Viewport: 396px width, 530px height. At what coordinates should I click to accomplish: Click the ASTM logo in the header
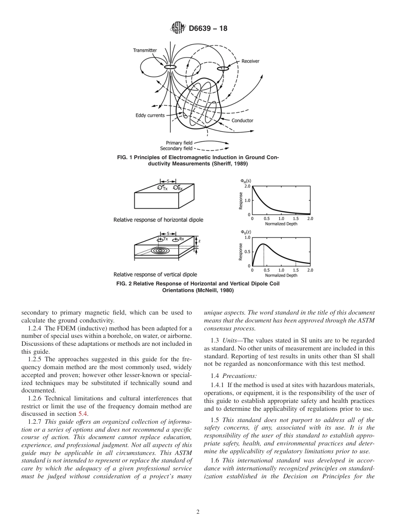pos(178,29)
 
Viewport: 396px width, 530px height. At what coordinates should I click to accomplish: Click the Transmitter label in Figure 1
pos(145,50)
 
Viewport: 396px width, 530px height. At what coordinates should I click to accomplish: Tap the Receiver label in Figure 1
pos(250,61)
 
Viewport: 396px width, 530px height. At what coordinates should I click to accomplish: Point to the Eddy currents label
pos(150,115)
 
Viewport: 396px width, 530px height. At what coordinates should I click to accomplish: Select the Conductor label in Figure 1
pos(242,120)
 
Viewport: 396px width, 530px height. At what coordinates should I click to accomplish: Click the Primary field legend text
pos(179,142)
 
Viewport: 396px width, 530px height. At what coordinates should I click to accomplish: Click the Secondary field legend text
pos(176,148)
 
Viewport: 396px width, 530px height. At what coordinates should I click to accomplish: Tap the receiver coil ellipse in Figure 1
pos(223,68)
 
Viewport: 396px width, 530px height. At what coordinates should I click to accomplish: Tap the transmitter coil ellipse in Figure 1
pos(170,66)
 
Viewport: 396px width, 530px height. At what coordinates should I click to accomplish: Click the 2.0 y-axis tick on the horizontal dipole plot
pos(247,186)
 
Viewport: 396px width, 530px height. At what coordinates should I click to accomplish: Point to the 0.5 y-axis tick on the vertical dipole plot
pos(247,252)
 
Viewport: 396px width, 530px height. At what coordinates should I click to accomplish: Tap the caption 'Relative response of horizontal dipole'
pos(158,220)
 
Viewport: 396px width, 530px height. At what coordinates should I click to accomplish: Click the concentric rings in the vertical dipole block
pos(159,250)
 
